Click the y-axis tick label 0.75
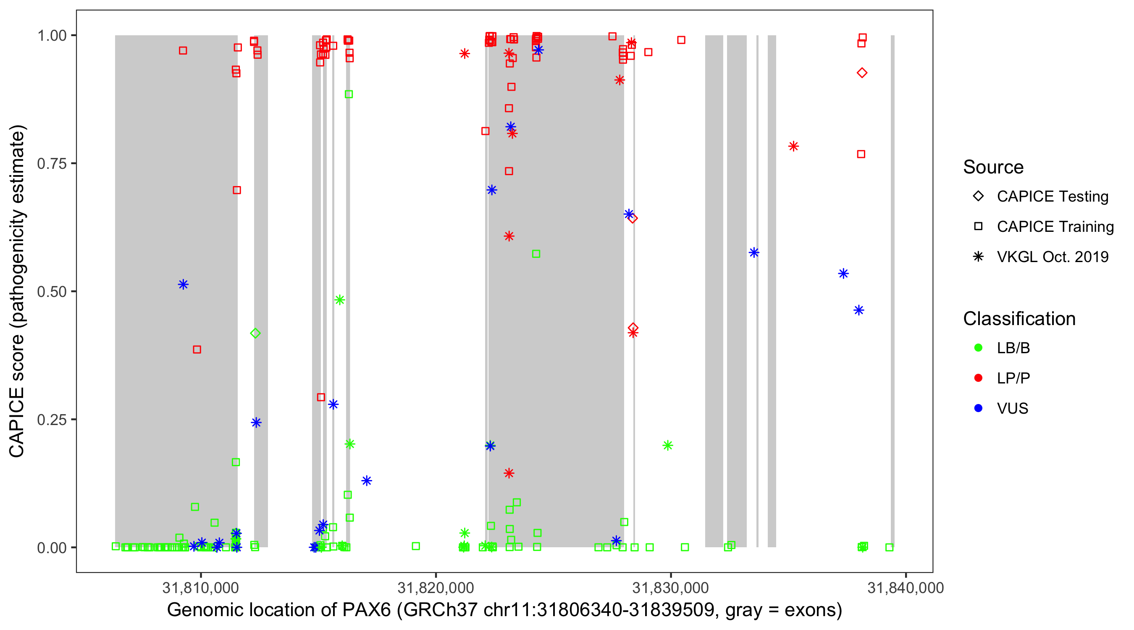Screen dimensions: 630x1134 coord(51,163)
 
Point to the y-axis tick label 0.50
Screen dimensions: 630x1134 coord(51,291)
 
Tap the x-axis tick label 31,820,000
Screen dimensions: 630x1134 coord(436,588)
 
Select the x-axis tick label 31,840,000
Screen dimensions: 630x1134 coord(905,588)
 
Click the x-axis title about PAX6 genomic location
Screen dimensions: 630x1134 coord(504,610)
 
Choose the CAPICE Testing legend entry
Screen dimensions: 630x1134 coord(1052,197)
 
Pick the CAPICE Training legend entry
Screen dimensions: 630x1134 coord(1055,227)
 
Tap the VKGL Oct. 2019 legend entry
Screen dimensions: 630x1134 coord(1052,257)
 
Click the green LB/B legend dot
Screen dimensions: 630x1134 coord(978,348)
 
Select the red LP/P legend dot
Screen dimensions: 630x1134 coord(978,378)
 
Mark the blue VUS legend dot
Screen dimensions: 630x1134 coord(978,408)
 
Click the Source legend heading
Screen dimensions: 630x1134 coord(993,167)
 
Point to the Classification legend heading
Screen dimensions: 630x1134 coord(1019,319)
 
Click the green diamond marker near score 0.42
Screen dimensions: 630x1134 coord(255,333)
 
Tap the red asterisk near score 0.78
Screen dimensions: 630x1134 coord(793,146)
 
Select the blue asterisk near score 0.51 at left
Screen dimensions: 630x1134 coord(183,284)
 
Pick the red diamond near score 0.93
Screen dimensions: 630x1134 coord(862,73)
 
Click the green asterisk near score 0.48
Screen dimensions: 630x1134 coord(339,300)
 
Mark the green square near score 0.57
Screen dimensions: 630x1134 coord(536,254)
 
